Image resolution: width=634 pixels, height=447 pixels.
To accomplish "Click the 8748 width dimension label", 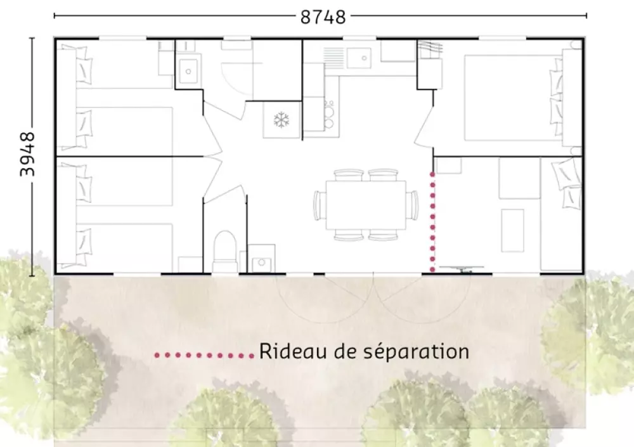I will pos(323,17).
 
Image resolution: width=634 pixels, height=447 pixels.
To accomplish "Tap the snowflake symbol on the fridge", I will pos(280,120).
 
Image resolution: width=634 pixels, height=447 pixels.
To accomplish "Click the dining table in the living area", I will pos(366,205).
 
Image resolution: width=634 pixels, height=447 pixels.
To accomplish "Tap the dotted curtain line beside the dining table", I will pos(432,222).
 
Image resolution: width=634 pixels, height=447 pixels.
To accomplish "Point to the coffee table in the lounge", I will pos(513,230).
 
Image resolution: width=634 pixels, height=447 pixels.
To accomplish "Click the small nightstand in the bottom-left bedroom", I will pos(190,264).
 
